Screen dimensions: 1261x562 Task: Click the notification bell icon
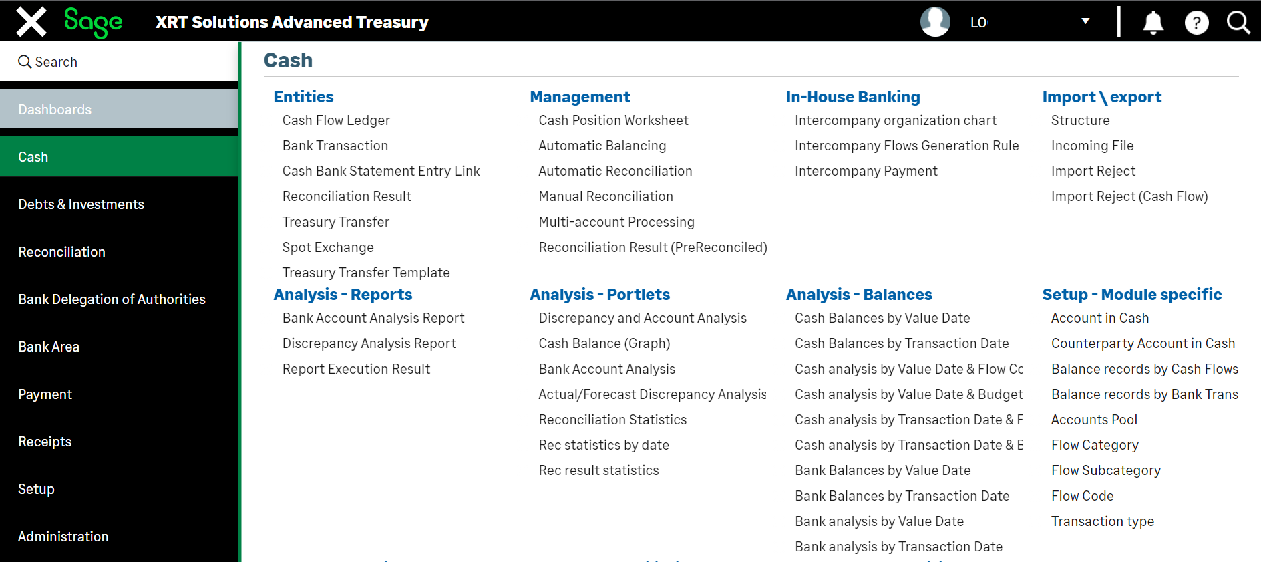point(1153,22)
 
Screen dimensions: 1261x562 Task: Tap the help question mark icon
point(1196,23)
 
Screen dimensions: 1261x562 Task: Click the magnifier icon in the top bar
point(1238,22)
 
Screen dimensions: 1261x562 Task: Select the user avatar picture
point(935,22)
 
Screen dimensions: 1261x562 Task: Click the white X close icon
point(31,21)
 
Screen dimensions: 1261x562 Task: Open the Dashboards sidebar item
point(55,110)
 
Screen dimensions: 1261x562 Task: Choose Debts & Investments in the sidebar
point(81,204)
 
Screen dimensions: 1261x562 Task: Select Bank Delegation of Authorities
point(112,299)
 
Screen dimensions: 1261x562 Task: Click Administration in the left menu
point(63,537)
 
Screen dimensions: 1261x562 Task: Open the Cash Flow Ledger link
point(336,120)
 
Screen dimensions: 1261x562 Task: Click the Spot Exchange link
point(328,247)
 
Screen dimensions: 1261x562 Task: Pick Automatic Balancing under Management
point(602,146)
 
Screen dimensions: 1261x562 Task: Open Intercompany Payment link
point(866,171)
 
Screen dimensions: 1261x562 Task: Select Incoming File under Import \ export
point(1093,146)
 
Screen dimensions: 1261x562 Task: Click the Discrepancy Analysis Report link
point(369,343)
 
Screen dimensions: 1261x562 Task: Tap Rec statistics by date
point(604,445)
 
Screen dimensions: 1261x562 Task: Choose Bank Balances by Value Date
point(883,470)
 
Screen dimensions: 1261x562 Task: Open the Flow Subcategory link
point(1106,470)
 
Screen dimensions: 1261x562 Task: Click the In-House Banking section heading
point(853,97)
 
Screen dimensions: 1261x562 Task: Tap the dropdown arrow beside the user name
point(1085,21)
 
